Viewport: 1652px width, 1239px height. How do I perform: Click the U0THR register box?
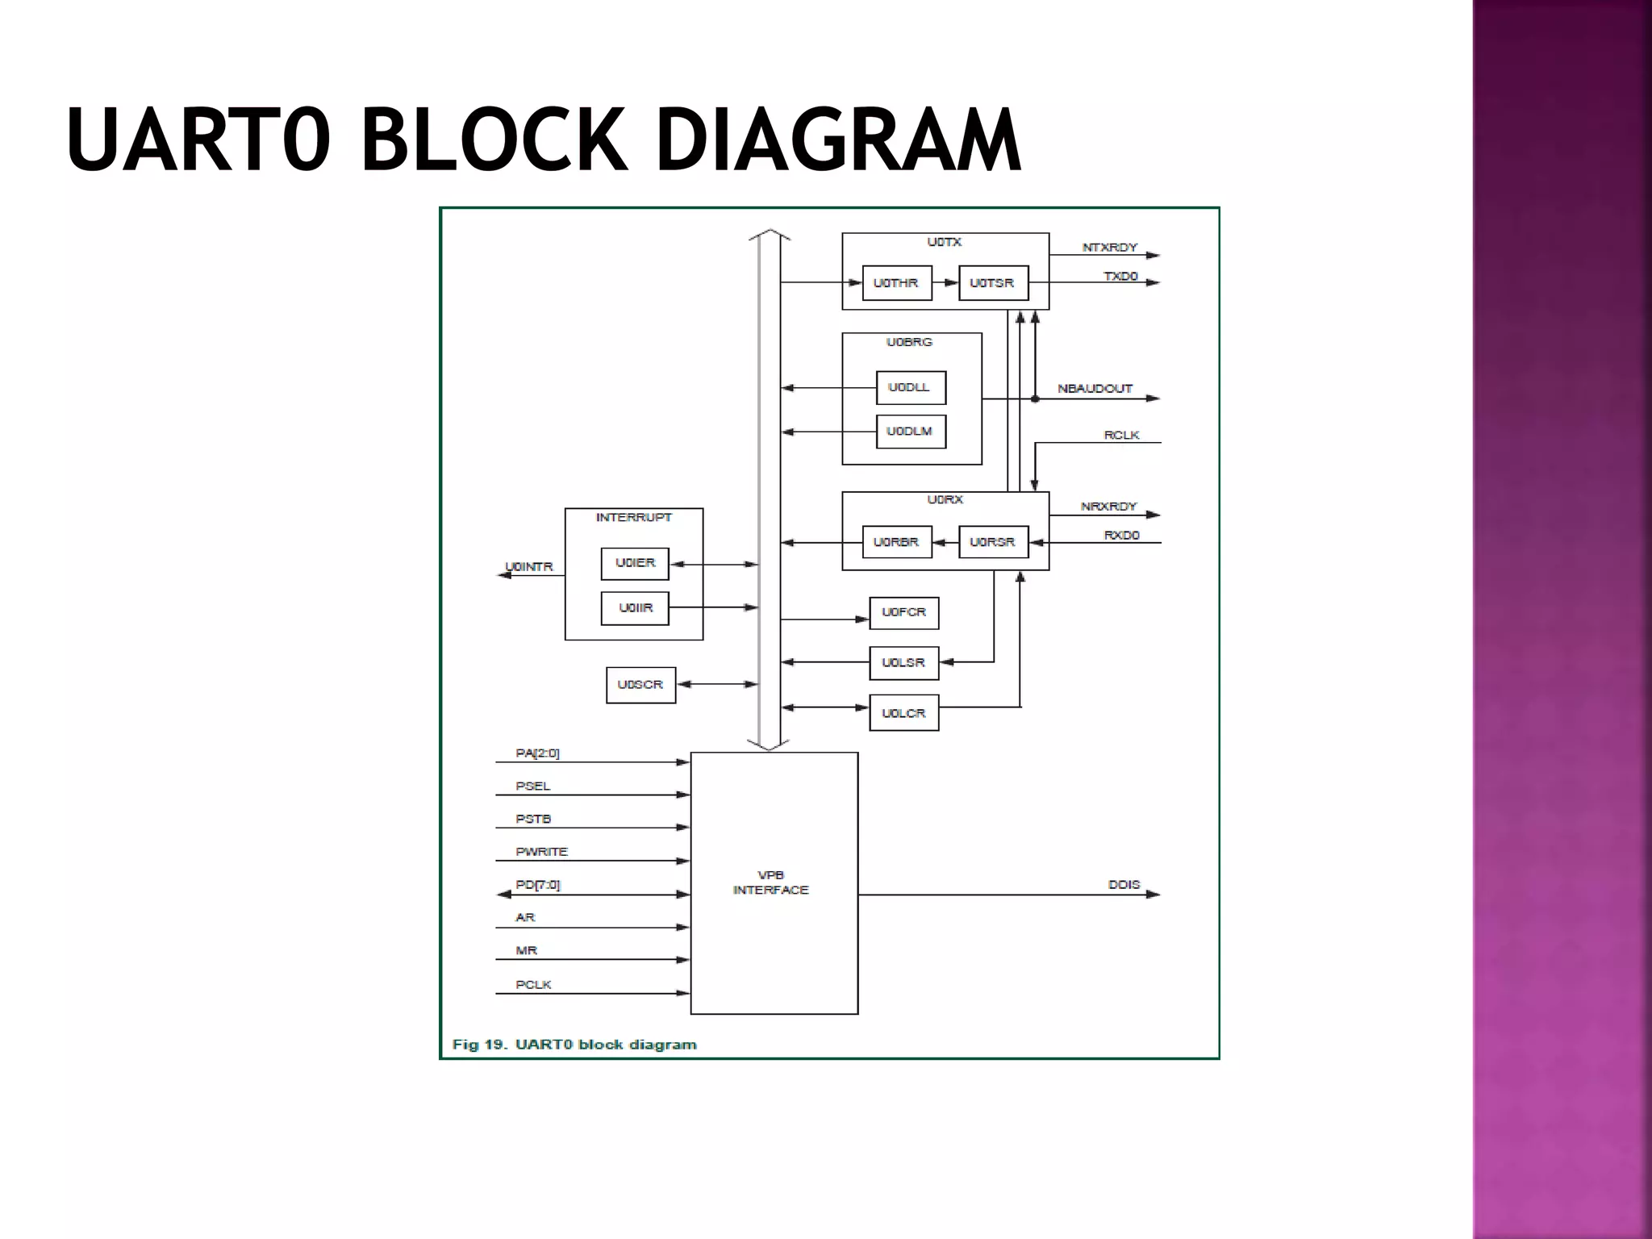coord(896,283)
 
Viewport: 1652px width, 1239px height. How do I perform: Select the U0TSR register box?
coord(992,283)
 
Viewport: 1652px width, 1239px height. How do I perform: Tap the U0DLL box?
coord(910,388)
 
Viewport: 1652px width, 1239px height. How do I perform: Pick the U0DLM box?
coord(910,432)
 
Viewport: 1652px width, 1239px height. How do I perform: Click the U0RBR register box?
coord(896,542)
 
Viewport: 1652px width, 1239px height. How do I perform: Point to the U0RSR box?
coord(992,542)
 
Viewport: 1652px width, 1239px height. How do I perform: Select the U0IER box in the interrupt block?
coord(635,563)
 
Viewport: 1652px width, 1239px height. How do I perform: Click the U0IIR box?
coord(635,608)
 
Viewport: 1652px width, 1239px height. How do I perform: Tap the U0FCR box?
coord(903,613)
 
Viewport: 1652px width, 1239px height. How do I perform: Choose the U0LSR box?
coord(903,663)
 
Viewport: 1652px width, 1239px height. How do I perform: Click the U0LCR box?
coord(903,713)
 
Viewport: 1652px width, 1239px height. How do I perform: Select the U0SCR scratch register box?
coord(640,685)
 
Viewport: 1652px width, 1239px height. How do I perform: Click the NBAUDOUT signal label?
coord(1095,389)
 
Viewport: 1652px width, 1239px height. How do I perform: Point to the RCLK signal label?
coord(1121,436)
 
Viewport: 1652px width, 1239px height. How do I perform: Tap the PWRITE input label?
coord(541,852)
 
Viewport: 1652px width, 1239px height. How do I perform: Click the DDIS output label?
coord(1124,885)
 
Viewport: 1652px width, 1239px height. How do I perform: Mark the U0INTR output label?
coord(529,567)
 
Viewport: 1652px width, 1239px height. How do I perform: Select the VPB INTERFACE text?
coord(770,882)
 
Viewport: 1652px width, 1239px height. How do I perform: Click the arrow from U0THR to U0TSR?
coord(945,283)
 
